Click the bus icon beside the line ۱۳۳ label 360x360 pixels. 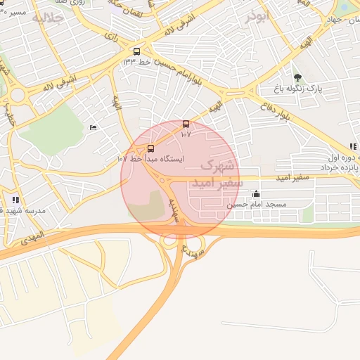(x=136, y=51)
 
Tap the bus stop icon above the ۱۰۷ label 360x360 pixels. (x=186, y=124)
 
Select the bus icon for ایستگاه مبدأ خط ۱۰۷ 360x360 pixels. (x=150, y=148)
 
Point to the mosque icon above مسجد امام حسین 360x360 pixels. (x=256, y=193)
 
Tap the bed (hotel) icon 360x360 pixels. (x=93, y=127)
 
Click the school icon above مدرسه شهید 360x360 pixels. (x=15, y=200)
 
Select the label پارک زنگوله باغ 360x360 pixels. (x=298, y=89)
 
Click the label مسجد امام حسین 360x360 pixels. (x=257, y=204)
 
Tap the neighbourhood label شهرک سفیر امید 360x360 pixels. (x=217, y=174)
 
